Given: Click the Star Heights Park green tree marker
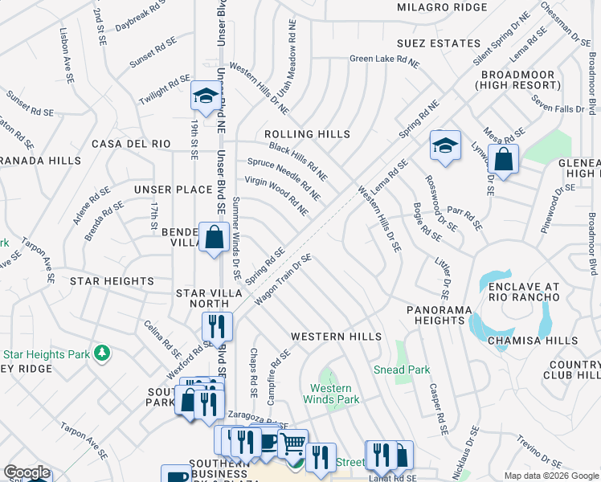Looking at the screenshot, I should tap(102, 353).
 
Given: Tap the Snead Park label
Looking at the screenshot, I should tap(401, 370).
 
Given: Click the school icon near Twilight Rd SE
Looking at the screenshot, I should tap(206, 97).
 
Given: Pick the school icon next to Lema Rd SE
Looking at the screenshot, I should tap(444, 146).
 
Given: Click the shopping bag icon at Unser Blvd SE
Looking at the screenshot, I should tap(214, 238).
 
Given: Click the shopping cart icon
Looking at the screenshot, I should tap(292, 442).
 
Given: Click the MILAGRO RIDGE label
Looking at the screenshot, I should tap(442, 7).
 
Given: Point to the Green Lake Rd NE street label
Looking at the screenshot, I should tap(384, 60).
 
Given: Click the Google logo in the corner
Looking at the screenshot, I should tap(27, 472).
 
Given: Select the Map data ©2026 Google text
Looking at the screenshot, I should tap(550, 476).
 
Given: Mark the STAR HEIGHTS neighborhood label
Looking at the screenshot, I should tap(112, 281).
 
